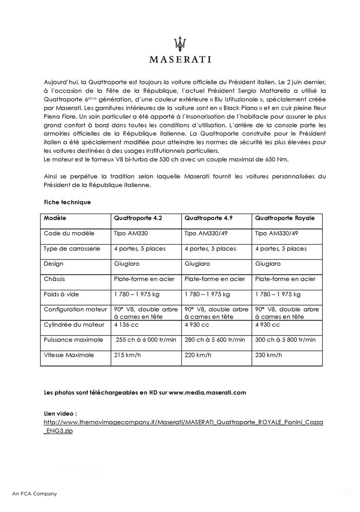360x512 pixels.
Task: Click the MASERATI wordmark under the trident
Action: click(x=180, y=59)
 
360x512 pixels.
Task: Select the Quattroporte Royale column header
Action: click(x=284, y=218)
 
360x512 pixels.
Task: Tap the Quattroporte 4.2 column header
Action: click(x=138, y=218)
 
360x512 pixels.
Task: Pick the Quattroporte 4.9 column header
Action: click(x=208, y=218)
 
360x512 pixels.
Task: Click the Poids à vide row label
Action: click(x=65, y=294)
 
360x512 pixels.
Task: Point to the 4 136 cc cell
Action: click(x=125, y=325)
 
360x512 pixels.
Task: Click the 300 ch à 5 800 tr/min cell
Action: click(x=285, y=339)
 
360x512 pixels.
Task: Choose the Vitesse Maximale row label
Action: click(x=69, y=355)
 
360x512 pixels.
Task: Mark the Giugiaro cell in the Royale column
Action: click(x=267, y=264)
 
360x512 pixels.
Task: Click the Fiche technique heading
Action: click(x=68, y=202)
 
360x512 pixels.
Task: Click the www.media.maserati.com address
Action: click(x=207, y=393)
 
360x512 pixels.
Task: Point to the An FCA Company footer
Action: click(x=35, y=494)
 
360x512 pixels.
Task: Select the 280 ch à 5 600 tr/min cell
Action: click(x=214, y=339)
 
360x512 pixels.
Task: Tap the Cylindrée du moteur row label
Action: click(x=75, y=325)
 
